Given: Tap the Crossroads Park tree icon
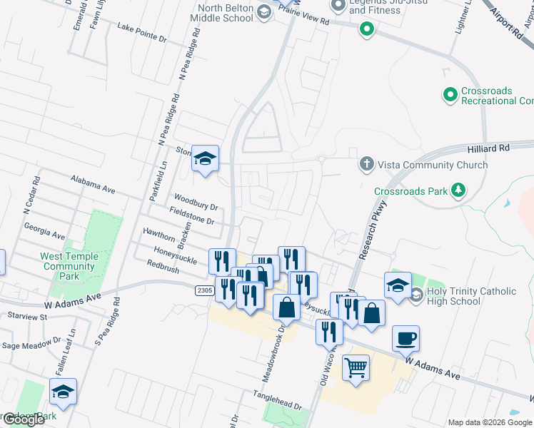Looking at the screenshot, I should coord(457,190).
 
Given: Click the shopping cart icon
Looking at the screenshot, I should coord(356,368).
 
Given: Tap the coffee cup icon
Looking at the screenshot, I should coord(405,338).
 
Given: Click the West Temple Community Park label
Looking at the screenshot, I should coord(68,266).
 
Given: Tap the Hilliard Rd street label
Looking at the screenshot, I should coord(509,148).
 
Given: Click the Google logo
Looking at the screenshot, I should coord(23,419).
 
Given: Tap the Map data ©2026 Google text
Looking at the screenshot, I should coord(490,422).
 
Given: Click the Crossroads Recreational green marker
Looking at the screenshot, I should coord(450,94).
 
